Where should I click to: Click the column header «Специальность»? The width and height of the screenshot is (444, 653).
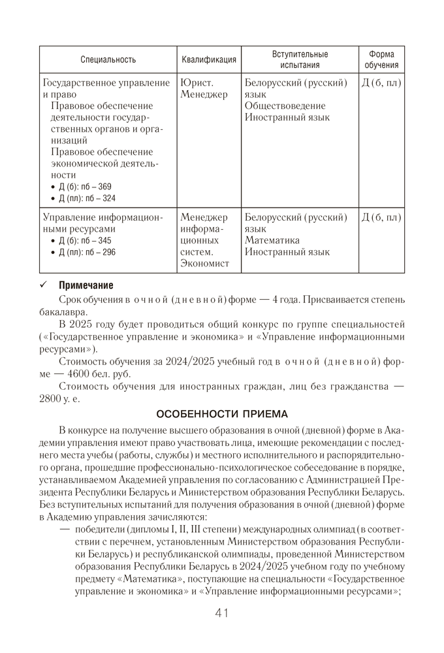tap(108, 59)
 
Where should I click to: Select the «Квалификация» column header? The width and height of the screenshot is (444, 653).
tap(209, 59)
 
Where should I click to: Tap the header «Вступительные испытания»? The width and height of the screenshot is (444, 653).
tap(300, 59)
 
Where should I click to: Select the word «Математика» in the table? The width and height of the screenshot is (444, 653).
tap(272, 240)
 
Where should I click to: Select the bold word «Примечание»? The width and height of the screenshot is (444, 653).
tap(86, 285)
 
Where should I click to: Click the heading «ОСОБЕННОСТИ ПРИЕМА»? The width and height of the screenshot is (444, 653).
tap(222, 414)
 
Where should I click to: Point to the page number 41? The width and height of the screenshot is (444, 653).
tap(221, 613)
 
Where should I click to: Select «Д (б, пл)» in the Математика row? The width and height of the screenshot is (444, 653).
tap(381, 217)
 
